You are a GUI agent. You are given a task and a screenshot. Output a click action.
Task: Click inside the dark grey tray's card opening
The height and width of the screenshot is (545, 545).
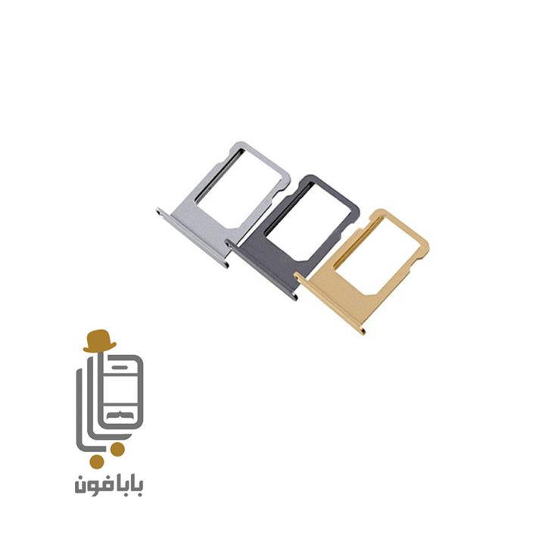pyautogui.click(x=310, y=223)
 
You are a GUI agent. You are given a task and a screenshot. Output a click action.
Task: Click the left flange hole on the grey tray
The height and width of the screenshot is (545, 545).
pyautogui.click(x=229, y=244)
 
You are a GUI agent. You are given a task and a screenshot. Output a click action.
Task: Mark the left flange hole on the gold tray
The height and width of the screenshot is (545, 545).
pyautogui.click(x=298, y=277)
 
